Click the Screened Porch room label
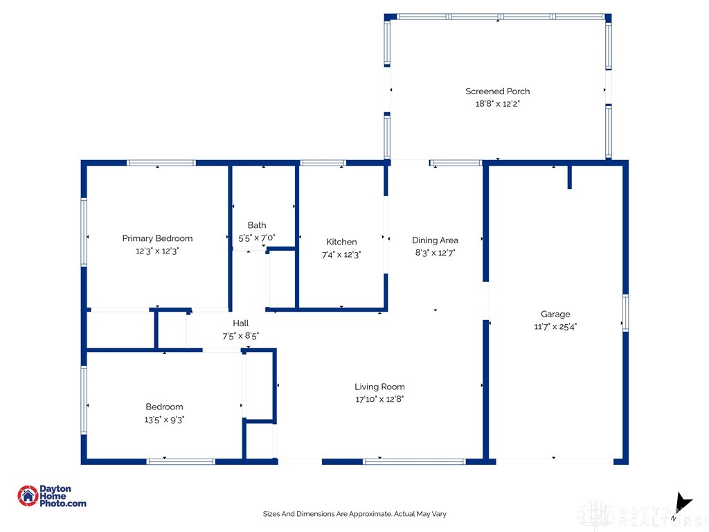pos(497,91)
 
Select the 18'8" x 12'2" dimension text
pos(497,104)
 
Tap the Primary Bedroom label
pos(157,238)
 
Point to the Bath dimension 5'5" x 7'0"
pos(257,238)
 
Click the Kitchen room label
pos(341,242)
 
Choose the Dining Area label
pos(435,240)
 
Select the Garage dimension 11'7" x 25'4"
pos(555,326)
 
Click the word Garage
pos(555,314)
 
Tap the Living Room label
pos(379,387)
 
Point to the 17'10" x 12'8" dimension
pos(379,399)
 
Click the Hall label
pos(240,323)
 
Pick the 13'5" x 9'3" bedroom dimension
pos(164,419)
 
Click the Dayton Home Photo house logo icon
pos(28,496)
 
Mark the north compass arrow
pos(683,503)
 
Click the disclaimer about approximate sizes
pos(354,514)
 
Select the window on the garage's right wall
pos(625,313)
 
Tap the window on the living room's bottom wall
pos(414,461)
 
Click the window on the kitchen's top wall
pos(323,163)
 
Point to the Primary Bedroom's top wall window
pos(161,163)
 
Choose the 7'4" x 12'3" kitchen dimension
pos(341,255)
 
